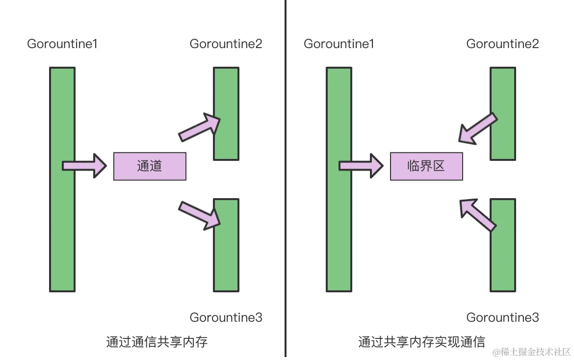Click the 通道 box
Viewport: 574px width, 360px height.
pyautogui.click(x=150, y=166)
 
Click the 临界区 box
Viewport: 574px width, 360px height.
pyautogui.click(x=426, y=166)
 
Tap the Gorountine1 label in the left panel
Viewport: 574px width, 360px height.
pyautogui.click(x=62, y=44)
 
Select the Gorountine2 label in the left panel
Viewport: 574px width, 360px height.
pyautogui.click(x=226, y=44)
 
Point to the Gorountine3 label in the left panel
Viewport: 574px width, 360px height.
pyautogui.click(x=226, y=317)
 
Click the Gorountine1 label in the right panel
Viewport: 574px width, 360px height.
pyautogui.click(x=339, y=44)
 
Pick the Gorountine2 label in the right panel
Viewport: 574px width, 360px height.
pyautogui.click(x=503, y=44)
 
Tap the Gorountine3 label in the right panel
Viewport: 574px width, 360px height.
pyautogui.click(x=503, y=317)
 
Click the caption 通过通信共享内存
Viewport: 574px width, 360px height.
pyautogui.click(x=157, y=342)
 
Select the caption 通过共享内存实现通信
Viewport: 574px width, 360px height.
pyautogui.click(x=421, y=342)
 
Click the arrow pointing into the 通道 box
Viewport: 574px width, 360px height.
pyautogui.click(x=84, y=166)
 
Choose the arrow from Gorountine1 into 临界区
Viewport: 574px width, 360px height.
pyautogui.click(x=361, y=166)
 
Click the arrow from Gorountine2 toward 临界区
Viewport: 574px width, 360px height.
pyautogui.click(x=477, y=129)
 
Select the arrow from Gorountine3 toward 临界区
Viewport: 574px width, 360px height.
pyautogui.click(x=477, y=214)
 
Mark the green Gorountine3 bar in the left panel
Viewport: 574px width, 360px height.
pyautogui.click(x=226, y=260)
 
